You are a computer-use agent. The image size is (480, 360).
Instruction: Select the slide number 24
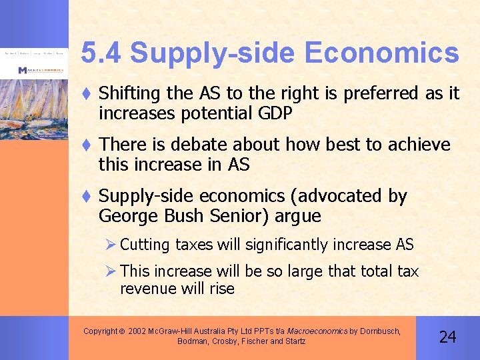[x=447, y=337]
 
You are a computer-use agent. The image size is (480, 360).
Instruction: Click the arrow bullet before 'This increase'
[x=111, y=271]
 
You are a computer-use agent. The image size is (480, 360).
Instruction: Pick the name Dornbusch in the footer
[x=379, y=331]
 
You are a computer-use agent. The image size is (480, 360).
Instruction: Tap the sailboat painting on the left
[x=33, y=107]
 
